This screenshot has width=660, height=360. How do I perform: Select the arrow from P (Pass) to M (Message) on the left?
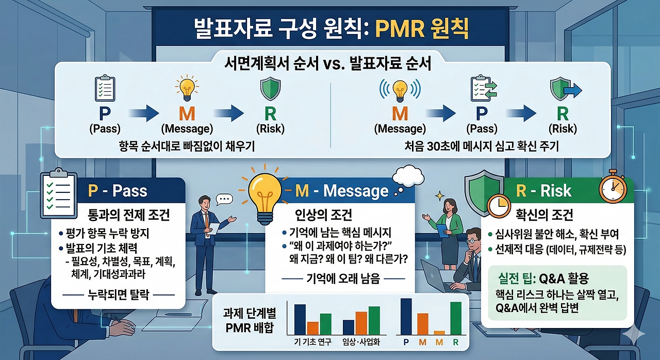tap(144, 113)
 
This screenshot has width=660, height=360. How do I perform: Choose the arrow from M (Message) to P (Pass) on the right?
tap(441, 113)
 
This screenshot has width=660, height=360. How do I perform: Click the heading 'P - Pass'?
tap(118, 191)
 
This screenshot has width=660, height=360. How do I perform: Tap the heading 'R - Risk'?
tap(543, 191)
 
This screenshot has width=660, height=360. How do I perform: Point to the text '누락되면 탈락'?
tap(119, 294)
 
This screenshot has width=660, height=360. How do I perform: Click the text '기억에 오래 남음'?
tap(343, 278)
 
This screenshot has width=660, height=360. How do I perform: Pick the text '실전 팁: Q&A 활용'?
tap(543, 278)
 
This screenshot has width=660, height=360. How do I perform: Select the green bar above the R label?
tap(456, 318)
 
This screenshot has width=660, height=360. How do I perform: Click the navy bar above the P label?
tap(406, 317)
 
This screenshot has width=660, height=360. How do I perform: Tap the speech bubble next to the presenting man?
tap(224, 200)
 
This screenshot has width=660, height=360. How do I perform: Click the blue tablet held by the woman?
tap(442, 231)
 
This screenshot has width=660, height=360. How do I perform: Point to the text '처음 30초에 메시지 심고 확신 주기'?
tap(482, 146)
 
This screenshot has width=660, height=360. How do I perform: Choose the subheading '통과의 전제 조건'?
tap(129, 215)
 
